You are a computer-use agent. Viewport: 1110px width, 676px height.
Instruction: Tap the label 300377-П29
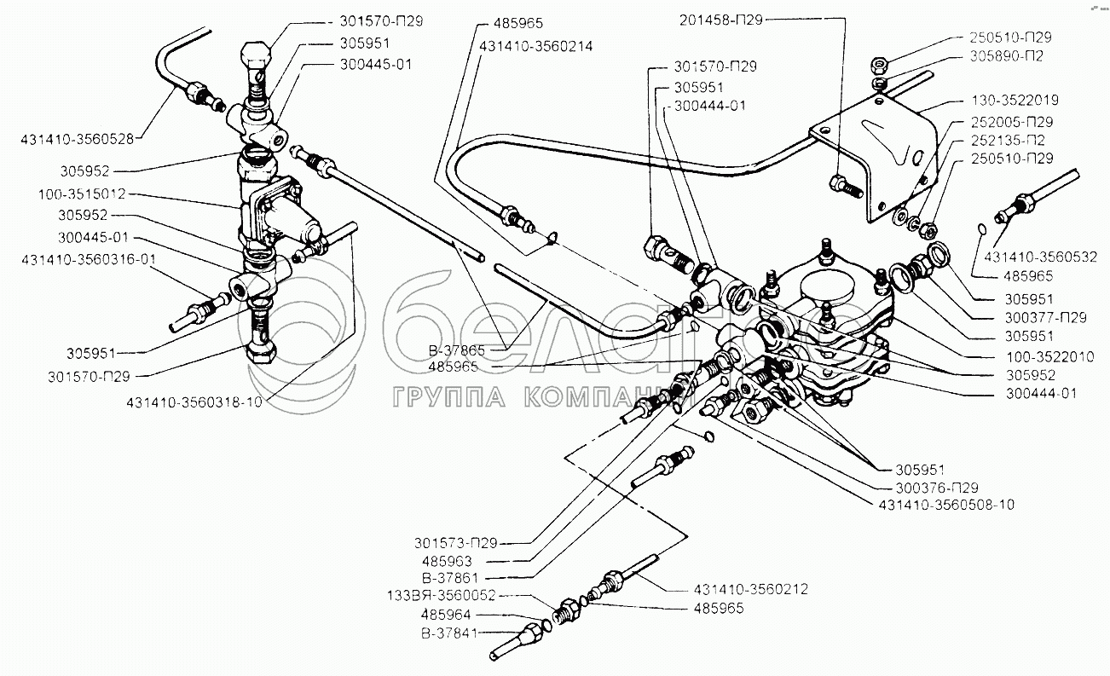[x=1045, y=317]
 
